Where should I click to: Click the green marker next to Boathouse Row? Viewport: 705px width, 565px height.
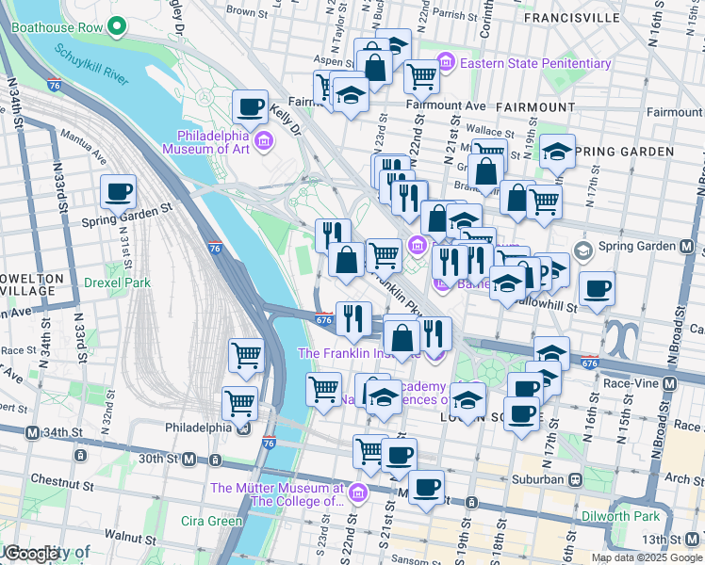tap(118, 25)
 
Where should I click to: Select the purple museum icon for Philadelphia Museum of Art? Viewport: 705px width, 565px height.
tap(264, 142)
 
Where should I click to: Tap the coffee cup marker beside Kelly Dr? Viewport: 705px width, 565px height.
tap(251, 106)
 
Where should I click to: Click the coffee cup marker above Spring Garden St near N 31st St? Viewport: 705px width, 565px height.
tap(119, 191)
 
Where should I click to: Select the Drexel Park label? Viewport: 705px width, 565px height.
tap(117, 282)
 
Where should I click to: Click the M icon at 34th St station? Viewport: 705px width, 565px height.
tap(32, 432)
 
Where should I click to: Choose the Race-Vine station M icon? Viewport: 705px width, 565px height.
tap(670, 384)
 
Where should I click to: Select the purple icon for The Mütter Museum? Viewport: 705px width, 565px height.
tap(356, 493)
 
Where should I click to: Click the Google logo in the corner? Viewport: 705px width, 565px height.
tap(33, 554)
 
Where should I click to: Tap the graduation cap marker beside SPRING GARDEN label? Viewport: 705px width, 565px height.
tap(557, 152)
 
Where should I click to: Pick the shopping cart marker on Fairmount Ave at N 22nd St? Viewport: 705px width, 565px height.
tap(422, 75)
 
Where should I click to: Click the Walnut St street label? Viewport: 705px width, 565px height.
tap(130, 534)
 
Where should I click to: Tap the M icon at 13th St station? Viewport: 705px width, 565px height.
tap(695, 539)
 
